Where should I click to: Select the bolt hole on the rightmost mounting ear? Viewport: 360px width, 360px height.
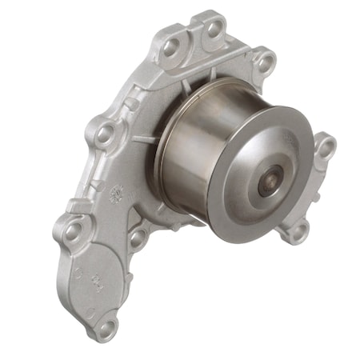pos(324,147)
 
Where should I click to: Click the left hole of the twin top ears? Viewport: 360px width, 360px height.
pos(170,47)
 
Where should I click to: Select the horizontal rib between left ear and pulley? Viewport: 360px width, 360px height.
pos(140,139)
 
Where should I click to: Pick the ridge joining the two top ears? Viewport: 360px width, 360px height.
pos(192,40)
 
